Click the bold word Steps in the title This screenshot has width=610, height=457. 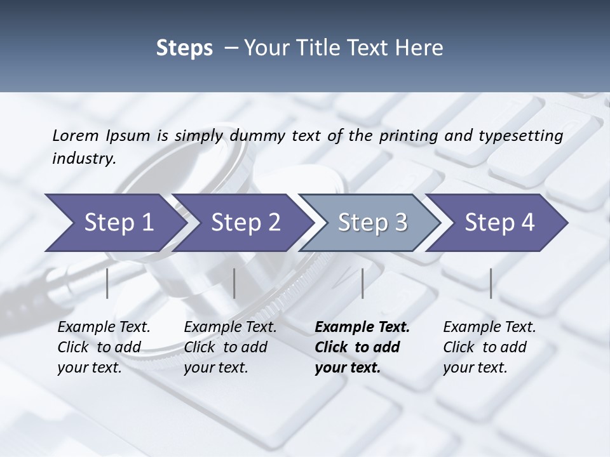[184, 48]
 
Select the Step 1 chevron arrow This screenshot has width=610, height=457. [114, 222]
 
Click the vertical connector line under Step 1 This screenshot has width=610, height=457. [107, 283]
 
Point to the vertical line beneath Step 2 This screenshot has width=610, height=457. [234, 283]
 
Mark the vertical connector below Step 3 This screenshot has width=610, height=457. [362, 283]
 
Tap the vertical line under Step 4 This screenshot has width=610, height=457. [491, 283]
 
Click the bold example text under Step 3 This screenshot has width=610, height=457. [362, 347]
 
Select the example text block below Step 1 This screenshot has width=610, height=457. [104, 347]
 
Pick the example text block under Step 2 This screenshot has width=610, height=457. [230, 347]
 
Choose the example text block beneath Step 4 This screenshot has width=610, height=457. [489, 347]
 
